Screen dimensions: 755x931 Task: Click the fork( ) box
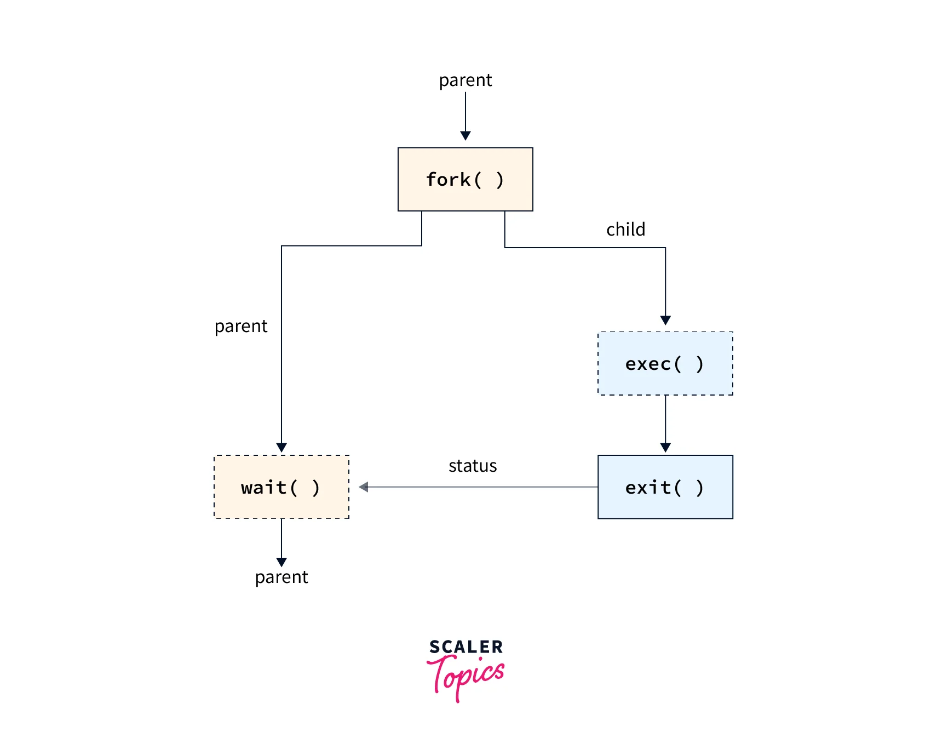(465, 179)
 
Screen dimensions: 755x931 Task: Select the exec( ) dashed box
(665, 363)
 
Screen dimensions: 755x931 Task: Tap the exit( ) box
(665, 487)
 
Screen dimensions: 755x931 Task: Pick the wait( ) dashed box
(281, 487)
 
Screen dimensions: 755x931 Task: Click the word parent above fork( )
(465, 81)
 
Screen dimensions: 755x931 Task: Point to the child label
(625, 229)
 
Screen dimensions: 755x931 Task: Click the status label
(472, 466)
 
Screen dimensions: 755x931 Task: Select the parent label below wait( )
(281, 577)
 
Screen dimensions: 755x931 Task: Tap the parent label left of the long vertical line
(241, 326)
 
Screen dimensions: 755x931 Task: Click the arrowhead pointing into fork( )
(465, 135)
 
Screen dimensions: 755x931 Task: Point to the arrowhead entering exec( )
(665, 320)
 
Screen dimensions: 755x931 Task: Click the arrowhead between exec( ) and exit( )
(665, 447)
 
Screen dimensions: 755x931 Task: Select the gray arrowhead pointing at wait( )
(364, 487)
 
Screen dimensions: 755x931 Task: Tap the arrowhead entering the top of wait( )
(281, 447)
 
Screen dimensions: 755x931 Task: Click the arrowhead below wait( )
(281, 562)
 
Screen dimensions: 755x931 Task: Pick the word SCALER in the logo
(465, 647)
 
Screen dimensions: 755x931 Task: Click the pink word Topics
(465, 676)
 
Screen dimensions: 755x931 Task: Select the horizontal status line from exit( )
(482, 487)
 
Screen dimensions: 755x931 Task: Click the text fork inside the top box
(448, 179)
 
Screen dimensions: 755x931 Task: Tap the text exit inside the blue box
(648, 487)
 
